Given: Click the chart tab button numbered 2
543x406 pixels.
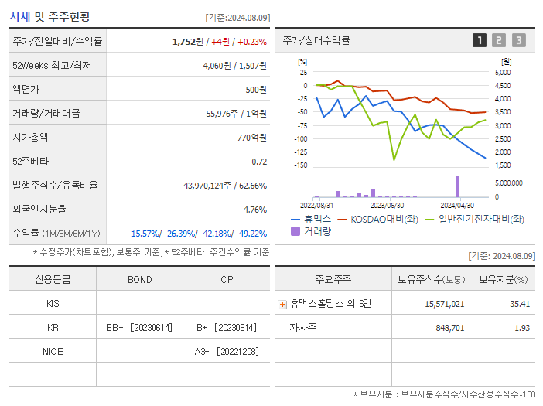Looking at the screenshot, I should pyautogui.click(x=499, y=40).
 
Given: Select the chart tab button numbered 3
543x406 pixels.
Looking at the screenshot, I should pyautogui.click(x=518, y=40).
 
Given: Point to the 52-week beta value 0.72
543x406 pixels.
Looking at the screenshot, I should pyautogui.click(x=259, y=161).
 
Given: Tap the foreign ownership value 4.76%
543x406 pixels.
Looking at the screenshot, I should pyautogui.click(x=254, y=209).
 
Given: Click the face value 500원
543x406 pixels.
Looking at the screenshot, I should pyautogui.click(x=256, y=89).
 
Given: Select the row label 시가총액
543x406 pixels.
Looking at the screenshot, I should pyautogui.click(x=30, y=137).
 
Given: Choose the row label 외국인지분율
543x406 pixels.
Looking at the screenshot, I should pyautogui.click(x=39, y=209).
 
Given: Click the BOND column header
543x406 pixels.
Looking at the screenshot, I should pyautogui.click(x=139, y=279).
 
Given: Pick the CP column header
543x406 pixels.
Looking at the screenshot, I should pyautogui.click(x=227, y=279).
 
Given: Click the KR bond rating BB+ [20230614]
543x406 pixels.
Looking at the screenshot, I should pyautogui.click(x=139, y=327).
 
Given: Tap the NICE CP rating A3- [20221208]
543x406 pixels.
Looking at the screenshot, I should pyautogui.click(x=227, y=351).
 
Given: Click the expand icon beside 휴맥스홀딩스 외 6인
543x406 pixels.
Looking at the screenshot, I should pyautogui.click(x=282, y=304).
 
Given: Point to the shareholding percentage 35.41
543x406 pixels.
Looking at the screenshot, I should pyautogui.click(x=520, y=304).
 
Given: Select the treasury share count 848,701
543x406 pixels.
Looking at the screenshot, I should pyautogui.click(x=445, y=328).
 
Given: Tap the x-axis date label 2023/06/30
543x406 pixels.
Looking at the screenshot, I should pyautogui.click(x=388, y=205).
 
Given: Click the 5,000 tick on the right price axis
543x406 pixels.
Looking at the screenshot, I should pyautogui.click(x=503, y=72).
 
